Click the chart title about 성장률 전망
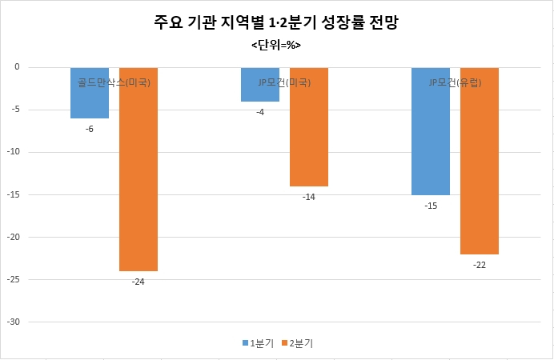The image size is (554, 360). (276, 22)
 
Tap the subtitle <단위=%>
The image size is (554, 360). (276, 45)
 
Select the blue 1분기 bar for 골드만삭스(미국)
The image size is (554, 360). (90, 93)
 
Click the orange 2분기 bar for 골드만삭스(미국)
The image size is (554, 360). (138, 169)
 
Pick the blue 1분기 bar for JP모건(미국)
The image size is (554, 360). (260, 84)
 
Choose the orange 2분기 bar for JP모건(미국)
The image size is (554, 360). (309, 126)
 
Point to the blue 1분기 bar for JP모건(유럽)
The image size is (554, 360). (431, 131)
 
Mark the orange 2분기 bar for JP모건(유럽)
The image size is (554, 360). (480, 161)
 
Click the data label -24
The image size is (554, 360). (138, 282)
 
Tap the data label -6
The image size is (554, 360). (90, 129)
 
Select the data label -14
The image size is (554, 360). (309, 197)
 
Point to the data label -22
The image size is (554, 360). (480, 265)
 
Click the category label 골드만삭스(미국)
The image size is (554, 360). (114, 82)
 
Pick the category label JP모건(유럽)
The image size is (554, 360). (455, 82)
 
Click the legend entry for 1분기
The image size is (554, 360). (258, 343)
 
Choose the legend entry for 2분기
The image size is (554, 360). (298, 343)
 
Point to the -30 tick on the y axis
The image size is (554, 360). (14, 322)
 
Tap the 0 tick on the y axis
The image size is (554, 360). (17, 67)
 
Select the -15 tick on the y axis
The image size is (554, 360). (14, 194)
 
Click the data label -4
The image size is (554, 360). (260, 112)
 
